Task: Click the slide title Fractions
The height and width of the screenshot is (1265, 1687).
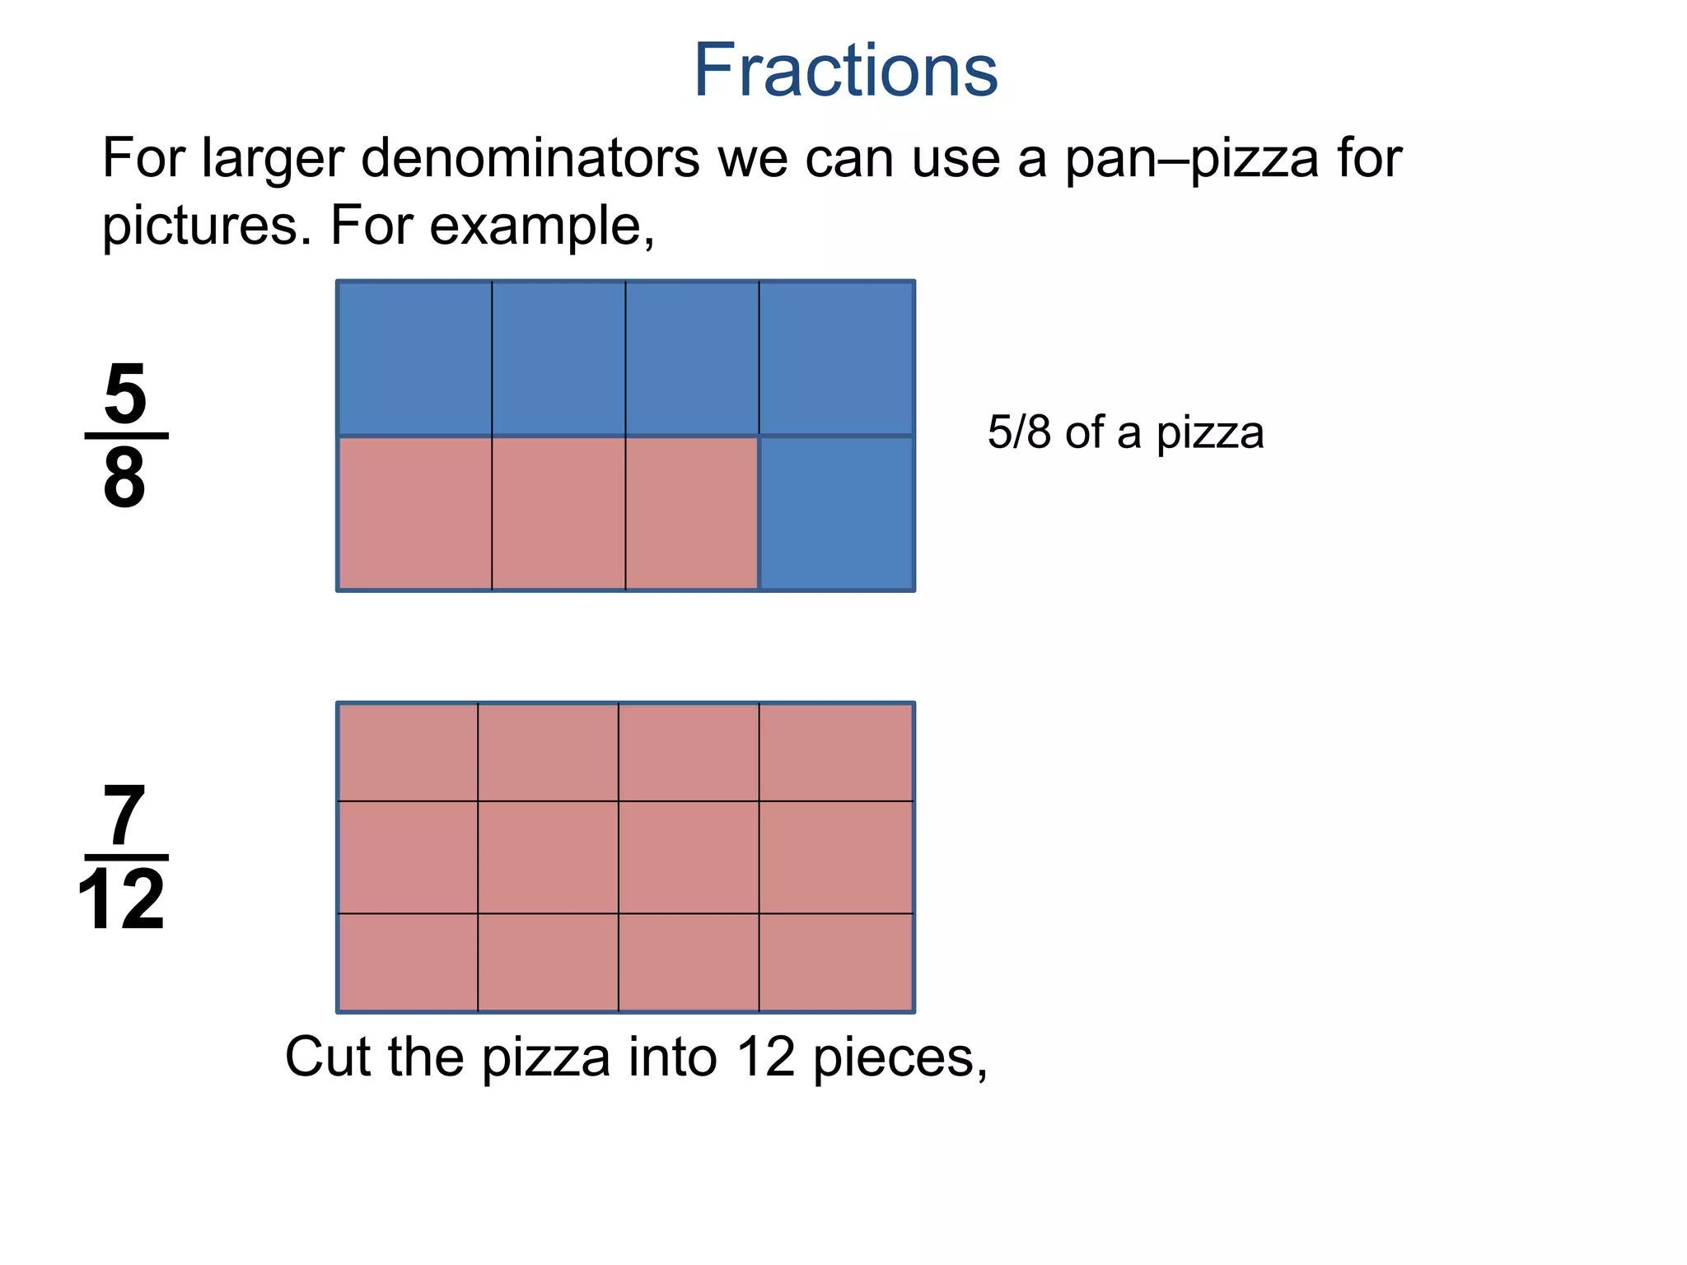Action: coord(845,71)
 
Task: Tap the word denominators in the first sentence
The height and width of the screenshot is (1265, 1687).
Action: coord(530,157)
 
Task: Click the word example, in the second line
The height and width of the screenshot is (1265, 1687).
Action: coord(541,225)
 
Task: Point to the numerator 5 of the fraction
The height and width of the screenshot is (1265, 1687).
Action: coord(125,393)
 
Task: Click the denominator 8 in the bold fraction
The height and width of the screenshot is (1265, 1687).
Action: coord(125,478)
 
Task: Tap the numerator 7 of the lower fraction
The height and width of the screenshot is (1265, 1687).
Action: coord(124,816)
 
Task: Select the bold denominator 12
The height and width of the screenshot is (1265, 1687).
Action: coord(122,900)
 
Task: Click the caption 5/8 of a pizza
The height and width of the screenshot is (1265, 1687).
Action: coord(1125,432)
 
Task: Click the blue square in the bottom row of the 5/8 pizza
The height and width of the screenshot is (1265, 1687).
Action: coord(836,513)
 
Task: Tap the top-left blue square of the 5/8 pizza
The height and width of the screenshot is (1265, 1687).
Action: coord(414,358)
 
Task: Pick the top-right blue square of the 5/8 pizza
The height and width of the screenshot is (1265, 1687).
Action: coord(836,358)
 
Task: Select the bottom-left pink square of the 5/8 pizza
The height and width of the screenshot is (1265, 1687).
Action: coord(414,513)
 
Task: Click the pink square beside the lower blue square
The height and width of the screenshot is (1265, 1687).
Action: coord(691,513)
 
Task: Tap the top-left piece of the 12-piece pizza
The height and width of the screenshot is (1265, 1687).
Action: coord(408,752)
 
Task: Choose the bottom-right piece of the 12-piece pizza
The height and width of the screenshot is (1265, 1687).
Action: coord(836,962)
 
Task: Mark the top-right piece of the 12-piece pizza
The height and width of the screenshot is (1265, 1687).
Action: coord(836,752)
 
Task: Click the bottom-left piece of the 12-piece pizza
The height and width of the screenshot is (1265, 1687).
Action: coord(408,962)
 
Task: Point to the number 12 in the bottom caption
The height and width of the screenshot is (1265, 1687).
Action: coord(765,1057)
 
